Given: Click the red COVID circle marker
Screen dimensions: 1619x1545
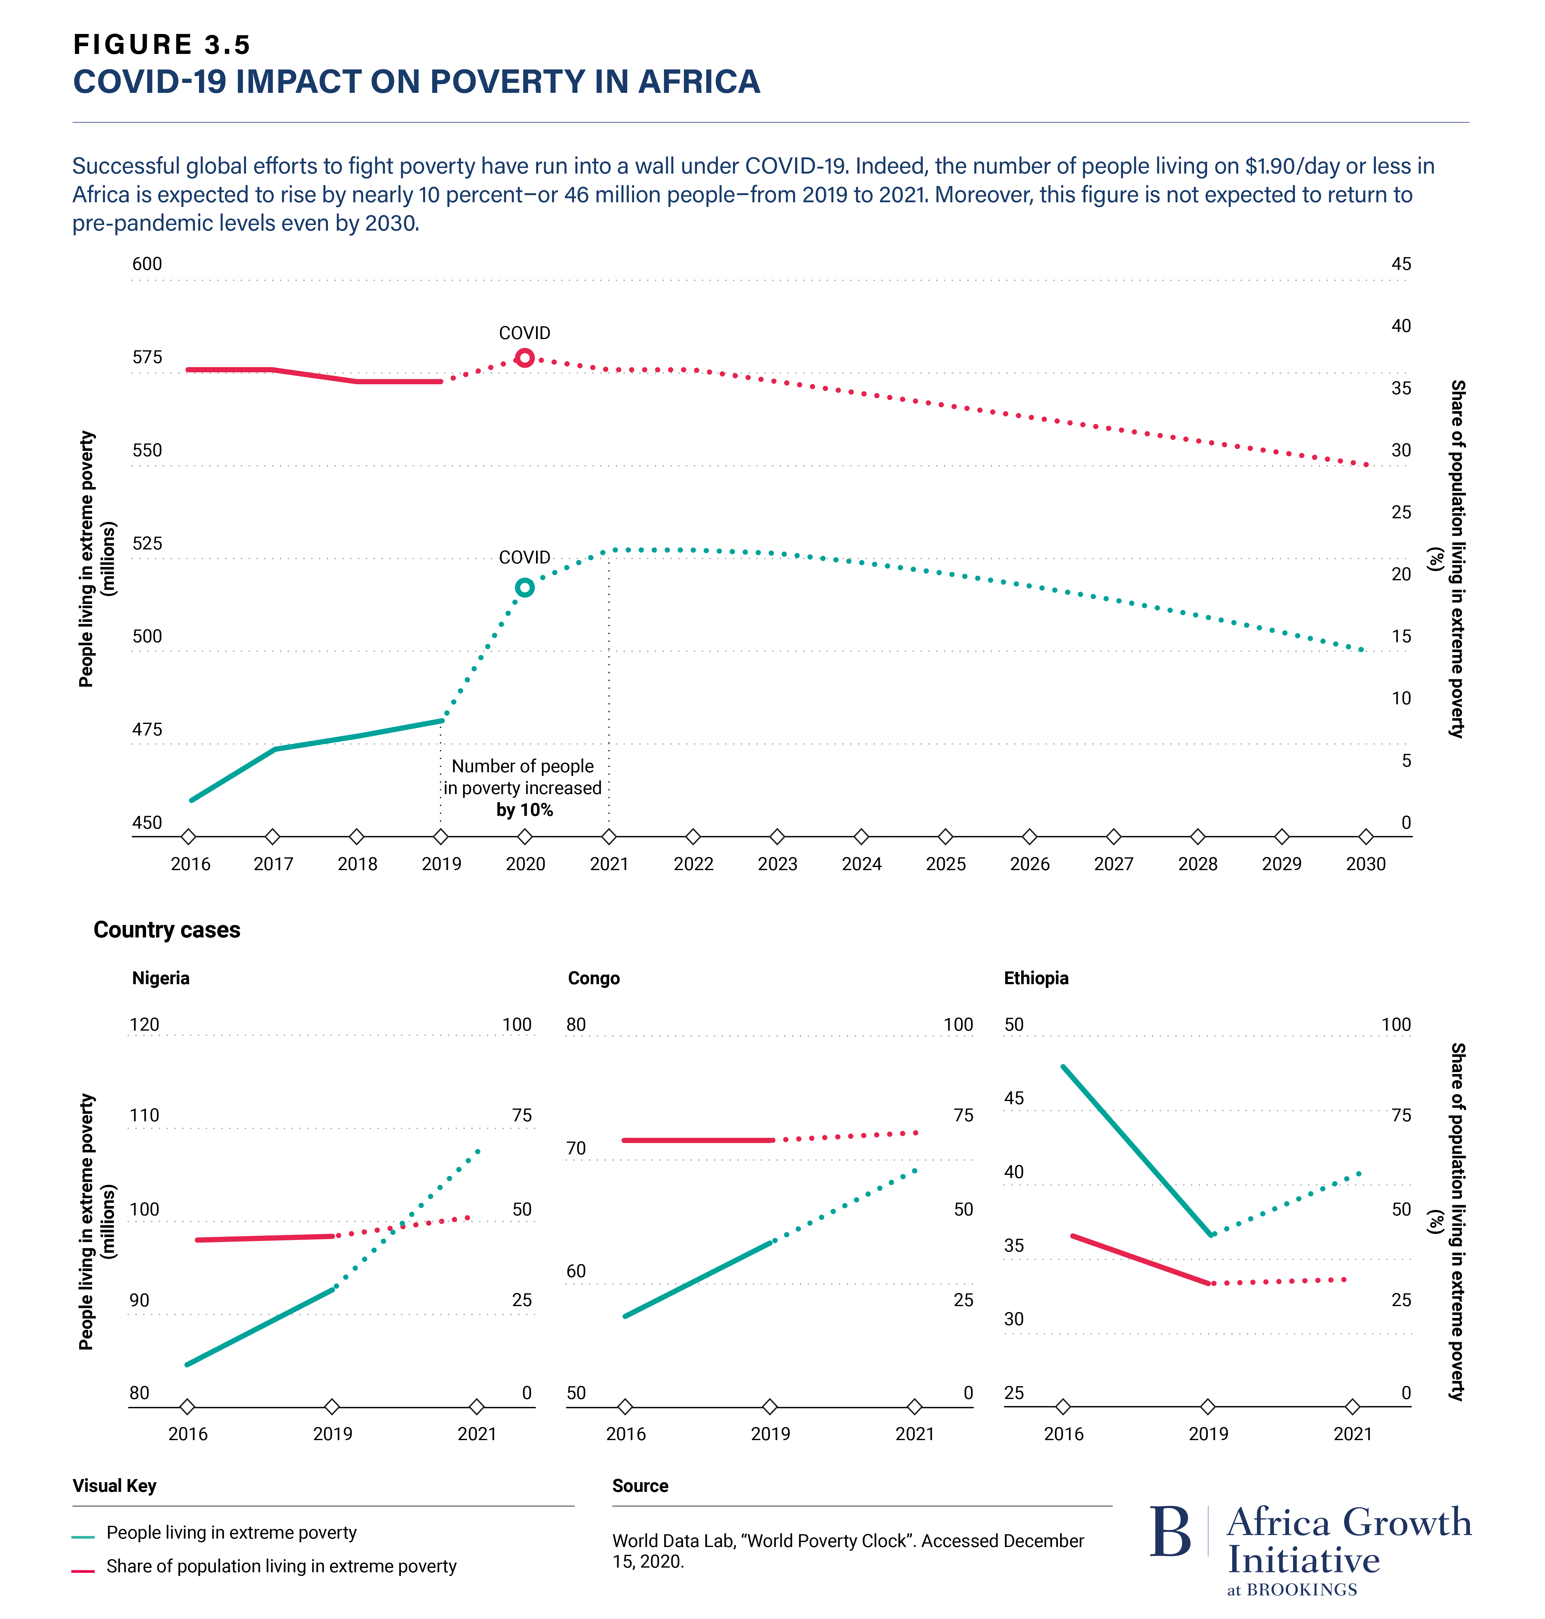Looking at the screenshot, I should tap(525, 357).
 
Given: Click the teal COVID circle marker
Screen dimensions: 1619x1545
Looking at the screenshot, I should tap(525, 587).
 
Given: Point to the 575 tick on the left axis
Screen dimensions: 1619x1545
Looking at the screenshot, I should tap(147, 357).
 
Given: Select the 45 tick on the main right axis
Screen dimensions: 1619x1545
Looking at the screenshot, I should tap(1401, 264).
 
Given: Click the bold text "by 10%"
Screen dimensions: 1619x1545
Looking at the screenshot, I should tap(524, 810).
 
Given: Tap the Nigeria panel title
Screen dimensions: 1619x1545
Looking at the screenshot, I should tap(161, 978).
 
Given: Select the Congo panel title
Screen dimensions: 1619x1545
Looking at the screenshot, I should tap(594, 978).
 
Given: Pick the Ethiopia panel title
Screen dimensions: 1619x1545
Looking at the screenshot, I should tap(1036, 978).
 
